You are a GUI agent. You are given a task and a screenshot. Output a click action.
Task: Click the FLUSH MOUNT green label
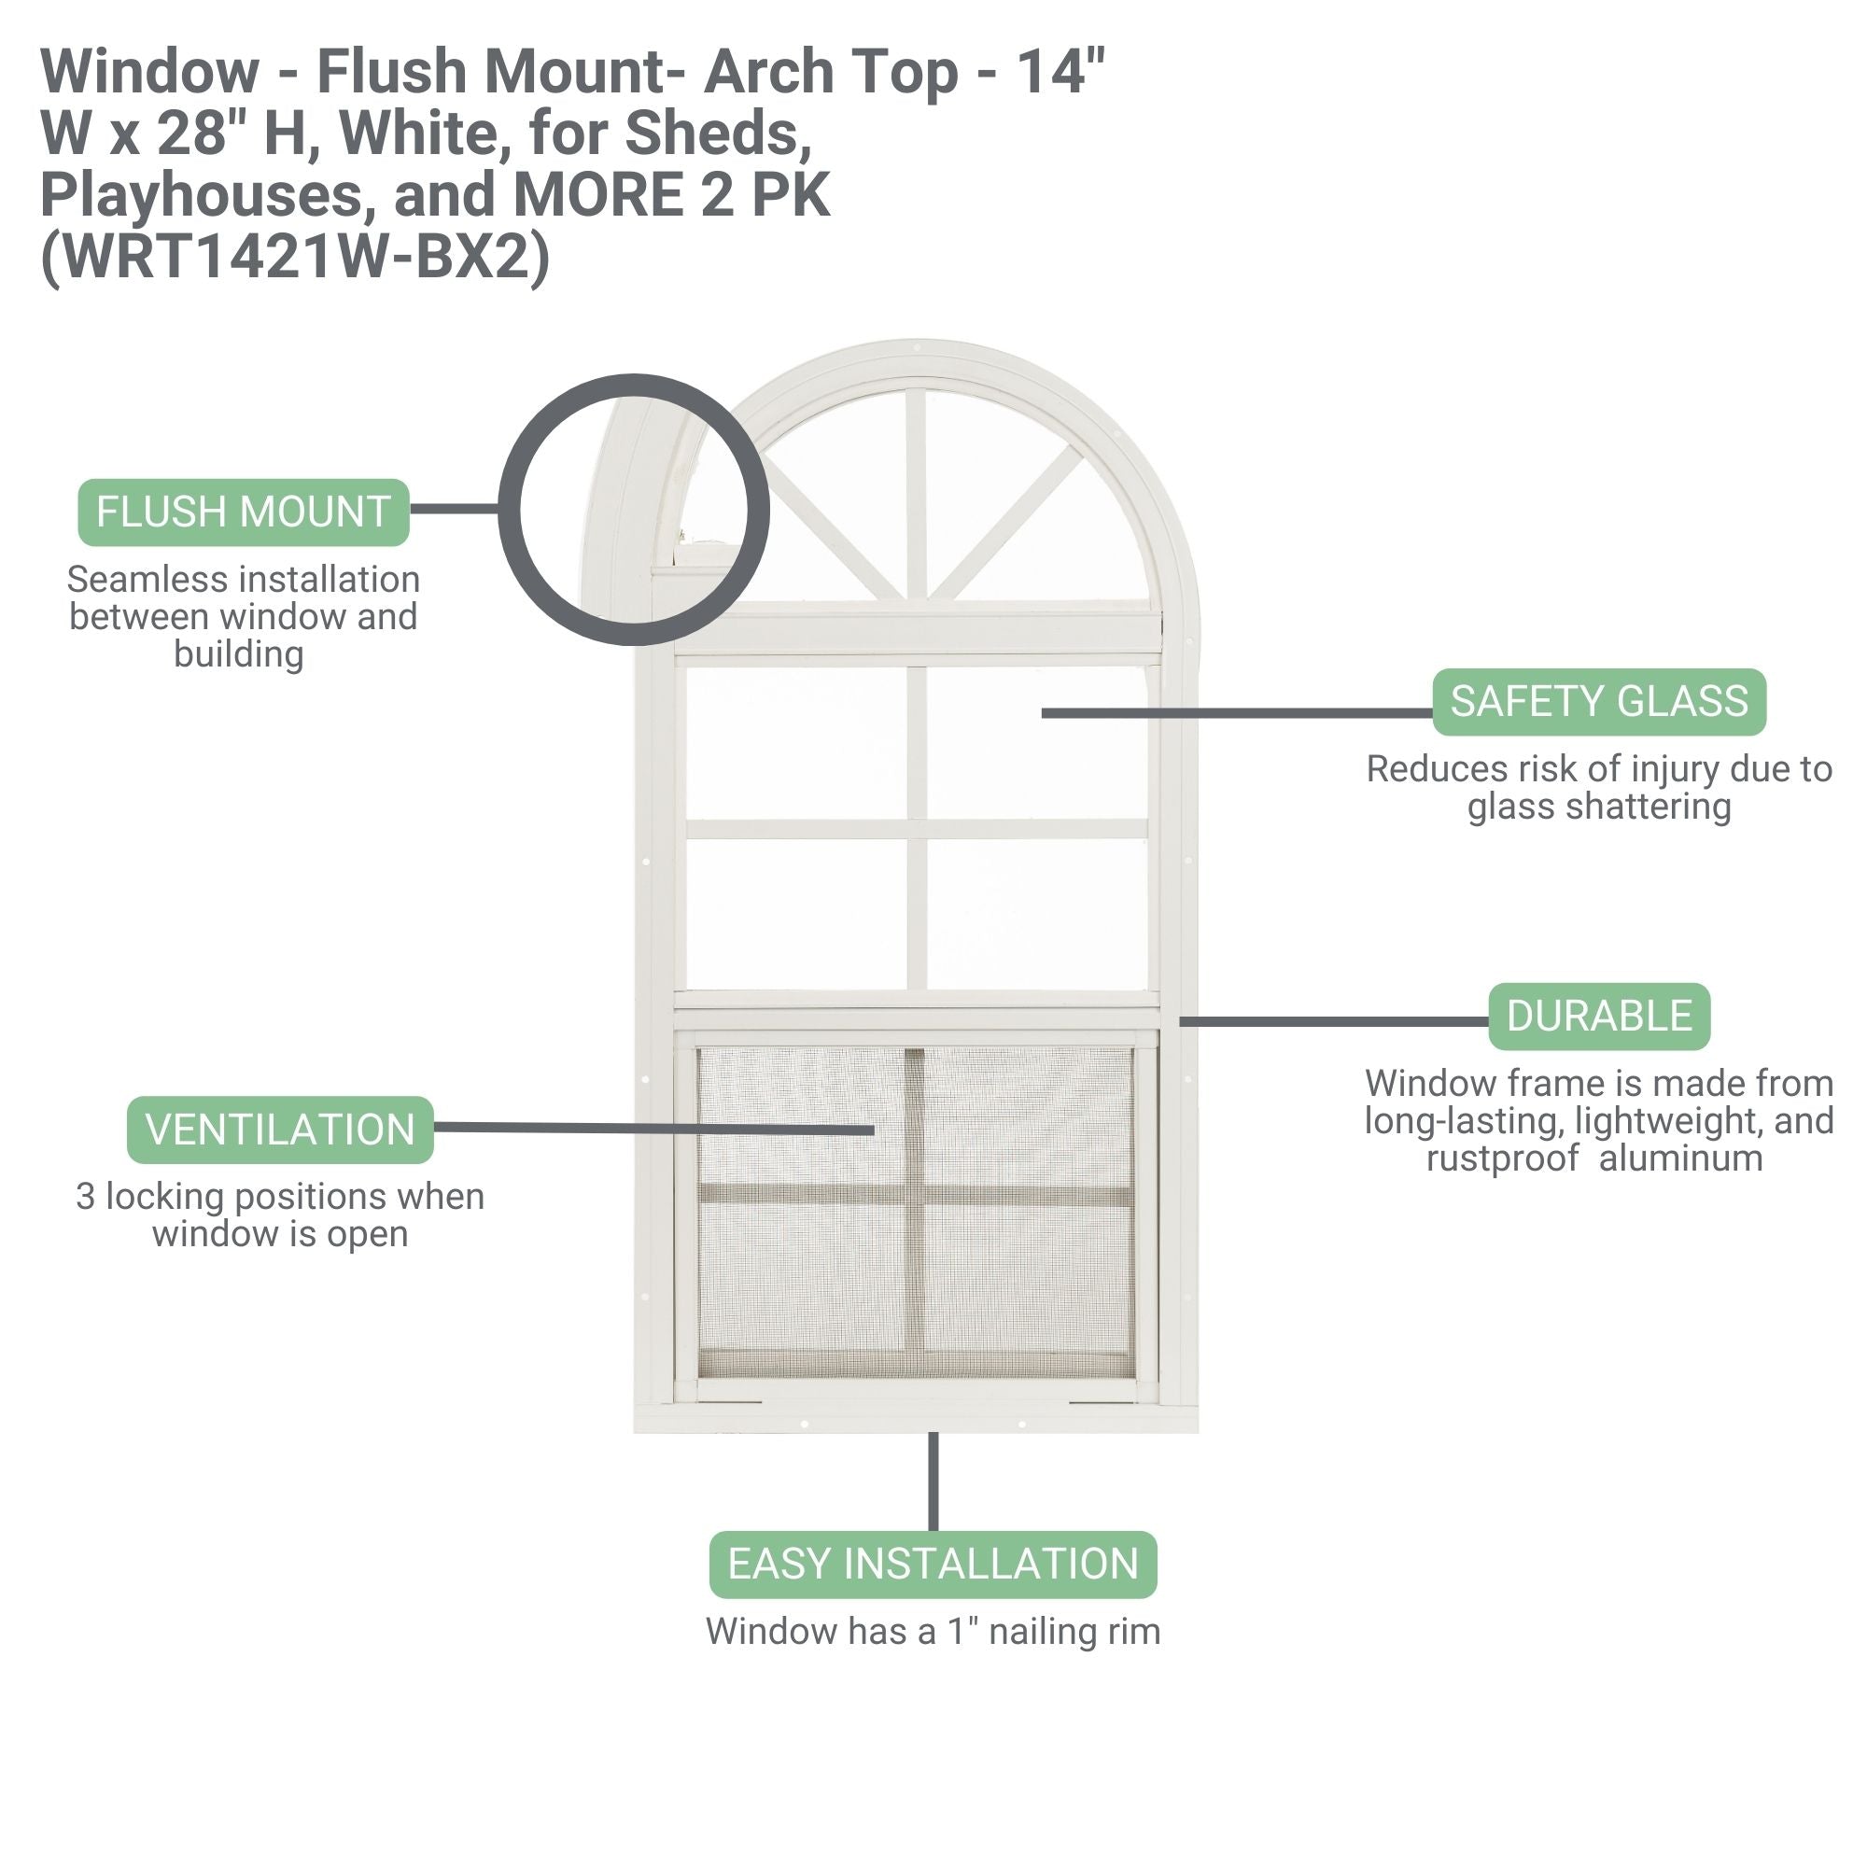point(243,512)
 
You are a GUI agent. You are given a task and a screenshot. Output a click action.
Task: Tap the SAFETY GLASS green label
point(1598,702)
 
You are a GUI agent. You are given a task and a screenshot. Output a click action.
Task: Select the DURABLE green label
point(1598,1017)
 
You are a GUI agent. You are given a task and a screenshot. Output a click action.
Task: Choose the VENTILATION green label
point(279,1130)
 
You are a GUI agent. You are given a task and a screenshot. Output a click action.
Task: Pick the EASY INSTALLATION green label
point(933,1565)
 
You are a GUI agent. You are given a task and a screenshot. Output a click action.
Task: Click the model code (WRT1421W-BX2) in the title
point(295,257)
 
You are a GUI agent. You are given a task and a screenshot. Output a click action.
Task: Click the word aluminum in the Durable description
point(1680,1158)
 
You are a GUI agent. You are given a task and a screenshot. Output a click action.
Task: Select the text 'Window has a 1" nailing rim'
point(933,1631)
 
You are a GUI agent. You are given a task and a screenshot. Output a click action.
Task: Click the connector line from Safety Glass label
point(1237,713)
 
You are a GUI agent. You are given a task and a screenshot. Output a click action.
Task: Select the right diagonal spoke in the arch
point(1006,521)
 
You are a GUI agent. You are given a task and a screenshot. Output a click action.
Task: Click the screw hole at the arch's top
point(915,345)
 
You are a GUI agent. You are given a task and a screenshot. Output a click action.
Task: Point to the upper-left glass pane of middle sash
point(796,744)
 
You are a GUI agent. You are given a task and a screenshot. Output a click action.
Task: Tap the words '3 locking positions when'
point(279,1197)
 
